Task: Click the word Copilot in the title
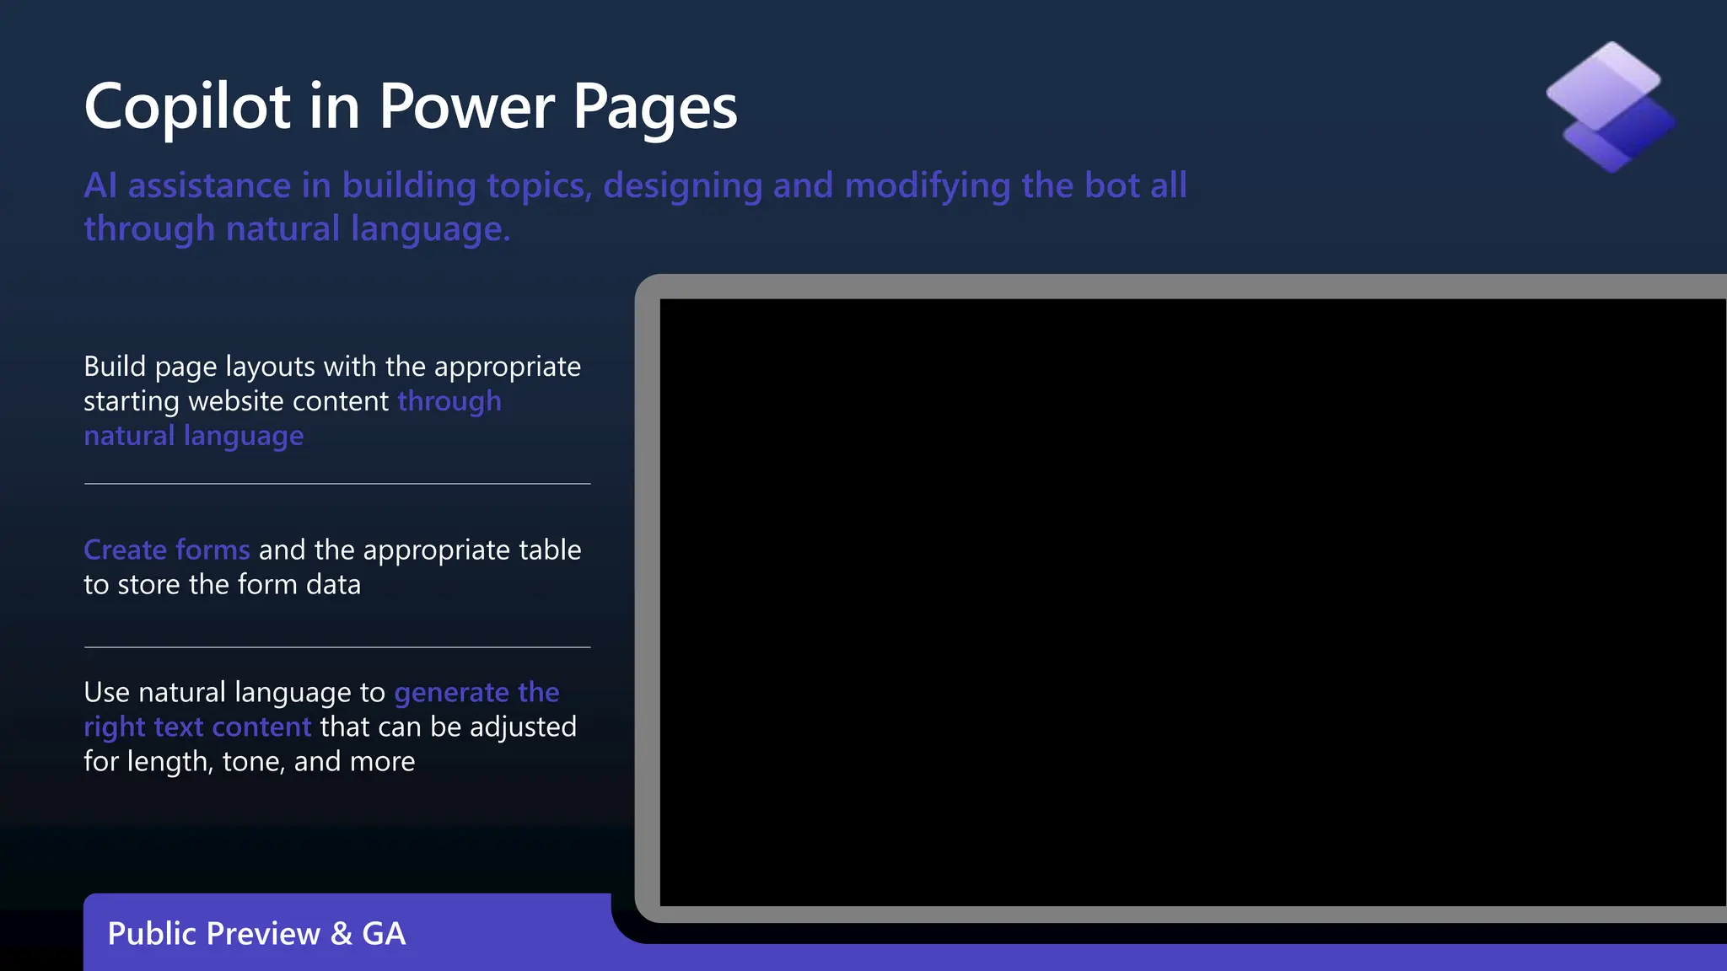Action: [x=187, y=107]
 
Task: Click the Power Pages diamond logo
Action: [x=1611, y=107]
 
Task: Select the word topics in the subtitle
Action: [x=539, y=185]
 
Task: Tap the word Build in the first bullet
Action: [x=115, y=367]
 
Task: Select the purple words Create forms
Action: [x=167, y=550]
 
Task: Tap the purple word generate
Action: [x=451, y=694]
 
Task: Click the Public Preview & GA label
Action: [x=256, y=934]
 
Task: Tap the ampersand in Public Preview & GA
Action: [x=342, y=934]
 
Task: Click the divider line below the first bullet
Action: [x=337, y=484]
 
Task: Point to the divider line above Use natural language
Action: [x=337, y=647]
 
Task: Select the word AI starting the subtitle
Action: [x=100, y=185]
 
